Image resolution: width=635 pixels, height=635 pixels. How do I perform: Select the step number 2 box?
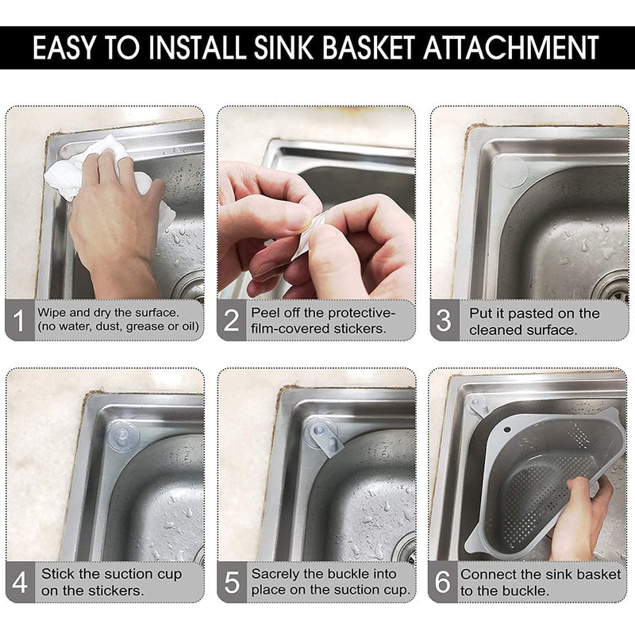point(232,321)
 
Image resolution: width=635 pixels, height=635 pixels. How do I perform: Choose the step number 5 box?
point(232,582)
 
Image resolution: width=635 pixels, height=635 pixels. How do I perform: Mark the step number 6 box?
point(443,582)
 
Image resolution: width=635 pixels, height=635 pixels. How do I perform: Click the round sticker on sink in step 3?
point(511,171)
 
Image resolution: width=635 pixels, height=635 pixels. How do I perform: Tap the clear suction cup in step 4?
point(124,436)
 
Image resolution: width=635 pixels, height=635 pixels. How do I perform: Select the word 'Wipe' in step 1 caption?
point(55,312)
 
